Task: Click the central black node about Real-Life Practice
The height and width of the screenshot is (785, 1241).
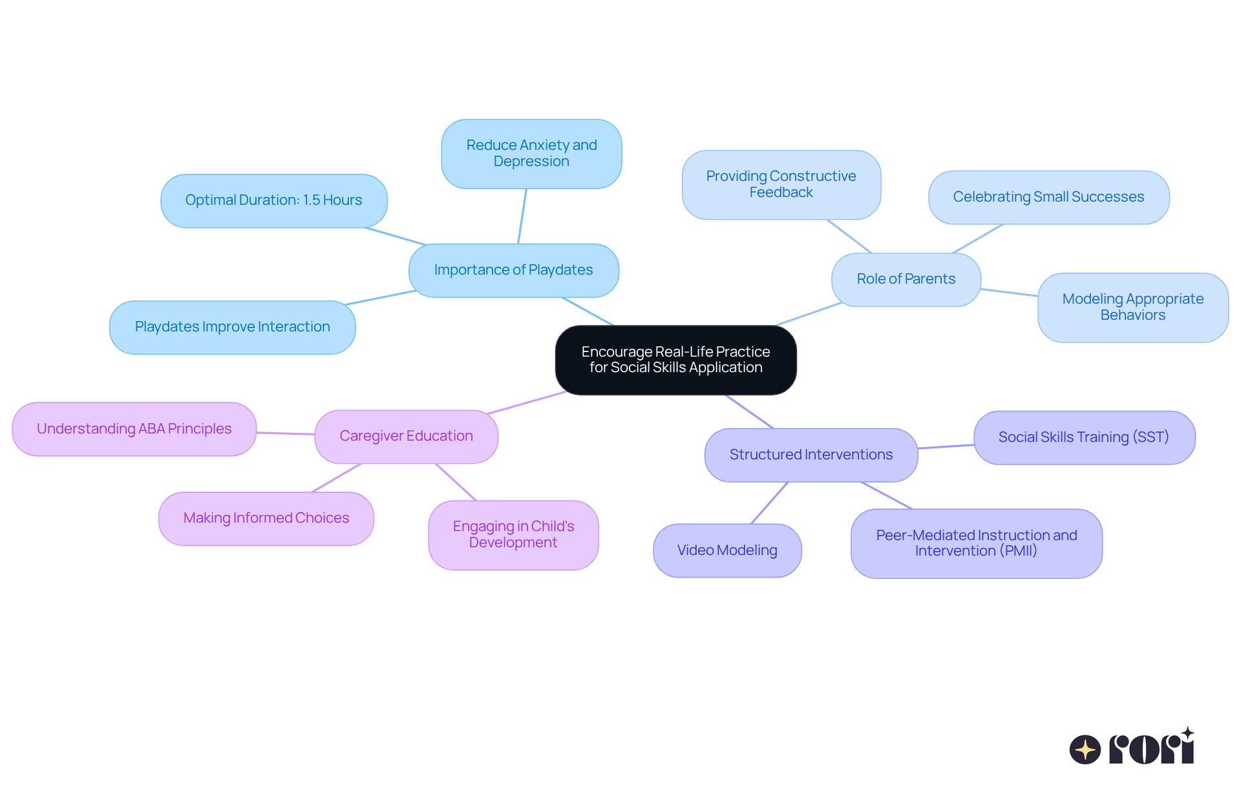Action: [x=675, y=360]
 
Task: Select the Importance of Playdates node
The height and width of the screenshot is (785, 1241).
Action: [x=513, y=270]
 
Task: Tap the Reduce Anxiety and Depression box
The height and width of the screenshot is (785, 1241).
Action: [x=531, y=154]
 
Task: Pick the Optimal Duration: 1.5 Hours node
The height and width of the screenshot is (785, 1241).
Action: [x=273, y=200]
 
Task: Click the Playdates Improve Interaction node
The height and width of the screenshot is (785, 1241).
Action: [x=232, y=327]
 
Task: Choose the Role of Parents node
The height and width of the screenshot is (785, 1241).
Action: [x=906, y=279]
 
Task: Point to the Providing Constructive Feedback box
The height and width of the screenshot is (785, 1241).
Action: [x=781, y=185]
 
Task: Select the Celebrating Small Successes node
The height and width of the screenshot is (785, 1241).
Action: [x=1048, y=197]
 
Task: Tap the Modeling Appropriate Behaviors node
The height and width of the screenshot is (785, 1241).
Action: [x=1132, y=307]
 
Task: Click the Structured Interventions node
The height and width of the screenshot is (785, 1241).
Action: [x=811, y=455]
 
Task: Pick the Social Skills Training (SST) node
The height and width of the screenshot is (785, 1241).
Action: [x=1084, y=437]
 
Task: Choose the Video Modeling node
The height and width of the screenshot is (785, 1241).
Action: [x=727, y=550]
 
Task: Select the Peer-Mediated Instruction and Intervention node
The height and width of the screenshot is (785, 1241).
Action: [x=976, y=543]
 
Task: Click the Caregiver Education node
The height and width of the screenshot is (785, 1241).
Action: [x=406, y=436]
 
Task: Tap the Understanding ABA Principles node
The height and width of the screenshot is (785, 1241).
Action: [x=134, y=429]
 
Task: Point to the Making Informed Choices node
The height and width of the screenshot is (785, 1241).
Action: [x=266, y=518]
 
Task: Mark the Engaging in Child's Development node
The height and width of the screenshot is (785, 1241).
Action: [x=513, y=535]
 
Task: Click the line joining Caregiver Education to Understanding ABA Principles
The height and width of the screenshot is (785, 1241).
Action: [x=286, y=434]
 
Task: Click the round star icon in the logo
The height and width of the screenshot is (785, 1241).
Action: [x=1085, y=749]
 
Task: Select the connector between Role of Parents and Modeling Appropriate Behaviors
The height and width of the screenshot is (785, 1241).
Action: [x=1009, y=293]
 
